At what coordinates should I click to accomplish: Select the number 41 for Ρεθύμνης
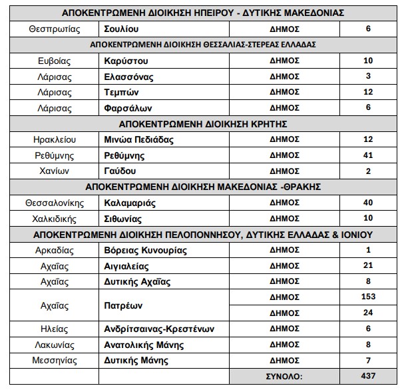[368, 155]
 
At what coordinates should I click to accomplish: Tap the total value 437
[368, 376]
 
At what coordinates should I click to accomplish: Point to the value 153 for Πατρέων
[368, 297]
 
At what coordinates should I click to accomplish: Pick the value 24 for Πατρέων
[368, 312]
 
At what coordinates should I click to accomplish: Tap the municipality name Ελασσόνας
[128, 77]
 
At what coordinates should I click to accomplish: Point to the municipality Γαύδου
[120, 171]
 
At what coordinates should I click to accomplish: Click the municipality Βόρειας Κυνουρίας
[146, 251]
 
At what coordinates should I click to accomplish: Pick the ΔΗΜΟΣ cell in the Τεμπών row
[284, 92]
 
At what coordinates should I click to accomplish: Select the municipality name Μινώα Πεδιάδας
[139, 140]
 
